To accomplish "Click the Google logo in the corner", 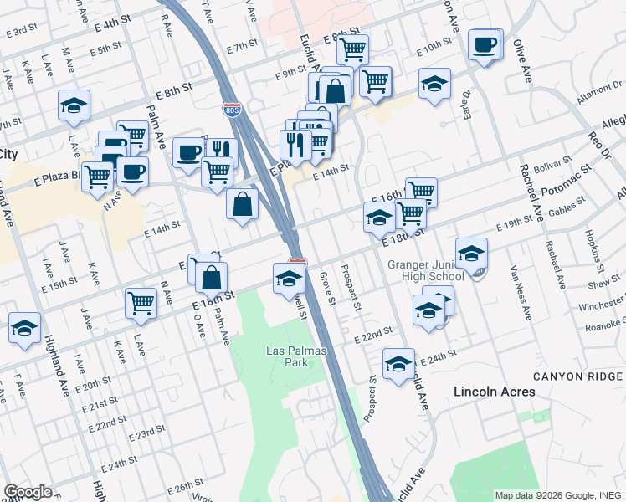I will [x=28, y=492].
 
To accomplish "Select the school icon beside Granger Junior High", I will [x=471, y=254].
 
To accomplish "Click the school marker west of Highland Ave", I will [x=24, y=327].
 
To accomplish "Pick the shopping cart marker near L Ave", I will [x=141, y=303].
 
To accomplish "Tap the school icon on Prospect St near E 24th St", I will [x=398, y=363].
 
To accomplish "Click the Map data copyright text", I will [x=559, y=495].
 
